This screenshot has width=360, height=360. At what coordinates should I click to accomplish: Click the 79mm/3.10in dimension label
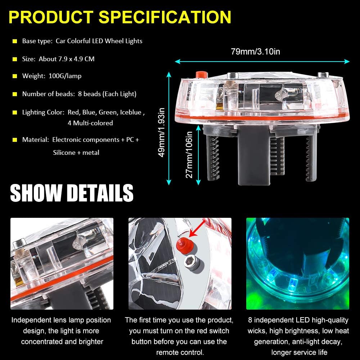point(255,51)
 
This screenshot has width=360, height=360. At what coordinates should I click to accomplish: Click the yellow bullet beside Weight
point(15,76)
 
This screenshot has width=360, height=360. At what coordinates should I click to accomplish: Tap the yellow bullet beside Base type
point(15,41)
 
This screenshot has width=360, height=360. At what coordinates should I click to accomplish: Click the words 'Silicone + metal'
point(76,152)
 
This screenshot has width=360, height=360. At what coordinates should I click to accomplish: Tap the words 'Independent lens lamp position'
point(61,320)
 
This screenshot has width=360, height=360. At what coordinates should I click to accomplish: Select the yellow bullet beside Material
point(15,140)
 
